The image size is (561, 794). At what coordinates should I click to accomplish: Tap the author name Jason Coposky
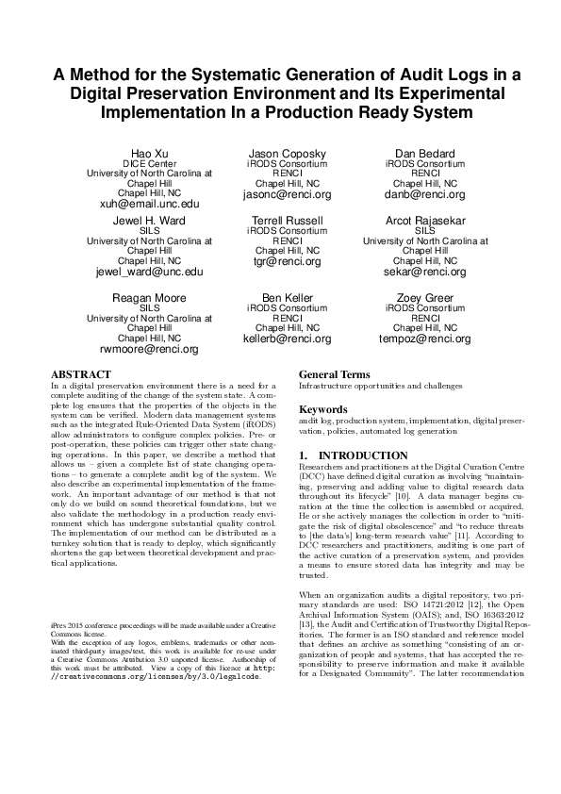[x=287, y=153]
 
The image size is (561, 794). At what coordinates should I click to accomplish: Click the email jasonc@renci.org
[x=287, y=194]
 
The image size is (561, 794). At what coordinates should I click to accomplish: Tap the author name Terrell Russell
[x=287, y=220]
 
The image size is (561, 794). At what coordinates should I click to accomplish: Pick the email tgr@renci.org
[x=287, y=261]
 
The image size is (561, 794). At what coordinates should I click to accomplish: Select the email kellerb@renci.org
[x=287, y=339]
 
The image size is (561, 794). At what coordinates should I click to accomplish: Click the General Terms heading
[x=335, y=374]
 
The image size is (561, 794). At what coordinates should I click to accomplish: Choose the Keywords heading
[x=324, y=410]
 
